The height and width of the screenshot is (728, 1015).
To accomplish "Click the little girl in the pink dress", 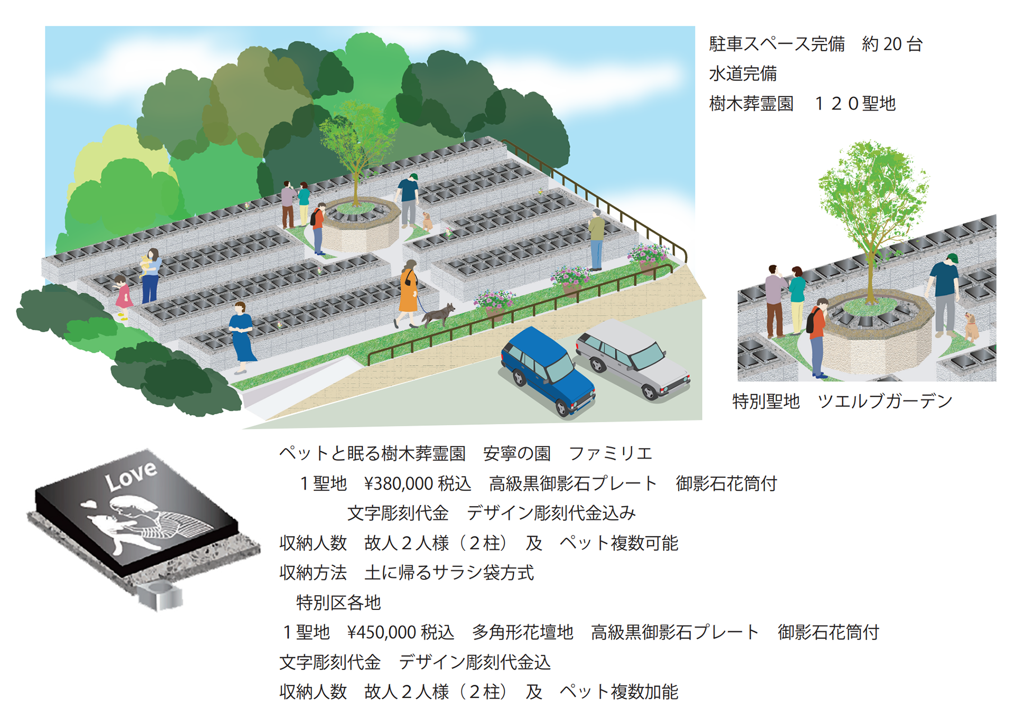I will pos(123,298).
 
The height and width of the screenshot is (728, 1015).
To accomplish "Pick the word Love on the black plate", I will pos(131,475).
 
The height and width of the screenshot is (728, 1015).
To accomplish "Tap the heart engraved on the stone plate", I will pos(90,504).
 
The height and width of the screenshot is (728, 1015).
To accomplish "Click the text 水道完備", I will pos(743,74).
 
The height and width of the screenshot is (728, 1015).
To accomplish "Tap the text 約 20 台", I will pos(892,44).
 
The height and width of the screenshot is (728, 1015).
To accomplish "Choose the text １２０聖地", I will pos(855,104).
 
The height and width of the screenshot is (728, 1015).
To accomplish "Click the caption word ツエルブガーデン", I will pos(885,402).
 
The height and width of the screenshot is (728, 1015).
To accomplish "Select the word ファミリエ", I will pos(611,453).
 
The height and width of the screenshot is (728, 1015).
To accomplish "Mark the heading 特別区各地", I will pos(338,603).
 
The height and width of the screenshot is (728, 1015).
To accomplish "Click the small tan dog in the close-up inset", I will pos(971,327).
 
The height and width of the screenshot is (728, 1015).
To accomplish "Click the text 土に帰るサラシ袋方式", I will pos(449,572).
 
